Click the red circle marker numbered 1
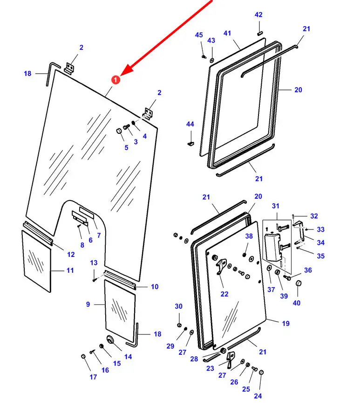click(x=116, y=80)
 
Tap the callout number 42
click(x=258, y=15)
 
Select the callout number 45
click(x=199, y=35)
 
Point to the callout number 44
click(x=190, y=124)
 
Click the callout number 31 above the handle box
click(x=275, y=206)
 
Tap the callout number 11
click(x=70, y=270)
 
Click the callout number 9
click(x=88, y=304)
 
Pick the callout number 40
click(x=297, y=303)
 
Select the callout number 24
click(x=258, y=396)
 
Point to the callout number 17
click(x=93, y=377)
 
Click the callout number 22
click(x=224, y=294)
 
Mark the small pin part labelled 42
click(x=260, y=33)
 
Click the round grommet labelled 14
click(x=111, y=340)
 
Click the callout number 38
click(x=249, y=236)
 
